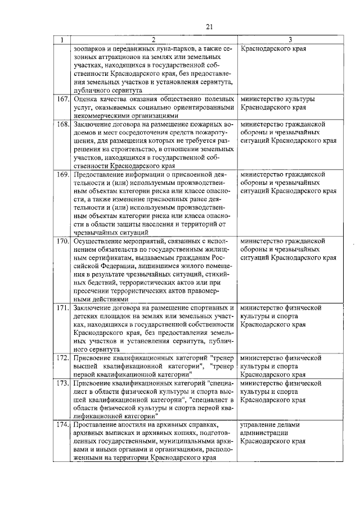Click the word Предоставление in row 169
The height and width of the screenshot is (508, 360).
click(x=100, y=175)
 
